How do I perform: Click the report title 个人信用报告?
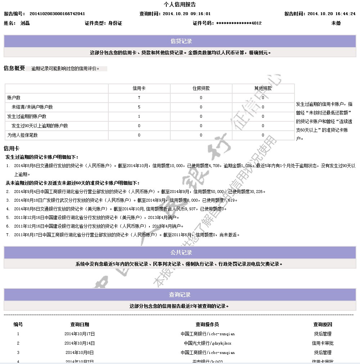[180, 5]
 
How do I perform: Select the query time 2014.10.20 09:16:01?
[186, 14]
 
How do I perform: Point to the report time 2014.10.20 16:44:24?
[331, 14]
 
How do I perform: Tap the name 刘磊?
[25, 23]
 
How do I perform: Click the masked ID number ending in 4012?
[239, 23]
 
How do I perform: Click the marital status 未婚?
[336, 23]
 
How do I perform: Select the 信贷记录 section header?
[181, 41]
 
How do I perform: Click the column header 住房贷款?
[201, 88]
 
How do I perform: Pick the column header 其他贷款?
[263, 88]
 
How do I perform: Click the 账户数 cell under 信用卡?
[139, 98]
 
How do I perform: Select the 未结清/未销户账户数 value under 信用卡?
[139, 107]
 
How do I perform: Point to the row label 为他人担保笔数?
[23, 135]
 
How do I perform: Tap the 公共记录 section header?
[181, 252]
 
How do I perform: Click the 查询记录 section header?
[180, 295]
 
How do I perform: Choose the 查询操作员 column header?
[207, 324]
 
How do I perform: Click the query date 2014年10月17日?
[80, 334]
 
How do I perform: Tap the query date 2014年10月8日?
[80, 352]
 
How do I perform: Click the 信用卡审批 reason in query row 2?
[323, 343]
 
